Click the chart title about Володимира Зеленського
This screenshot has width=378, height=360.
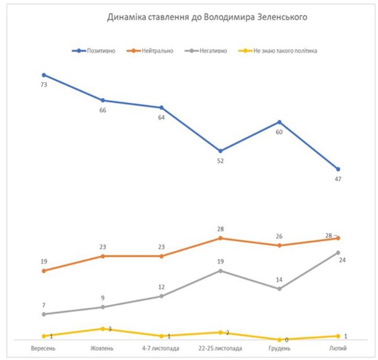206,17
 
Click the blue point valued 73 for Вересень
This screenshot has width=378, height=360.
44,75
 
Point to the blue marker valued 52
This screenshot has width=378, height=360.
221,151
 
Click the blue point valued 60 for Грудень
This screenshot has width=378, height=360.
279,122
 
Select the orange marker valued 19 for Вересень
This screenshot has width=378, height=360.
44,271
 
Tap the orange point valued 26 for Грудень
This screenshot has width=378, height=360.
279,246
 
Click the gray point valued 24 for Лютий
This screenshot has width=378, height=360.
338,253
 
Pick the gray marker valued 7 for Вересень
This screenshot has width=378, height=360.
44,314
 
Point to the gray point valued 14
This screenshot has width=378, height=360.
279,289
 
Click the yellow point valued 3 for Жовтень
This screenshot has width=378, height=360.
103,329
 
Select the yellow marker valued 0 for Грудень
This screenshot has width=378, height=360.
279,340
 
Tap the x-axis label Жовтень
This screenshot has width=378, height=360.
102,349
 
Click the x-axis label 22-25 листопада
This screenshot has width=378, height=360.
221,349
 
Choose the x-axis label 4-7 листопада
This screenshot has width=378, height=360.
161,349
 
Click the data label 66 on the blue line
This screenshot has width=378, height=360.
103,110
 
